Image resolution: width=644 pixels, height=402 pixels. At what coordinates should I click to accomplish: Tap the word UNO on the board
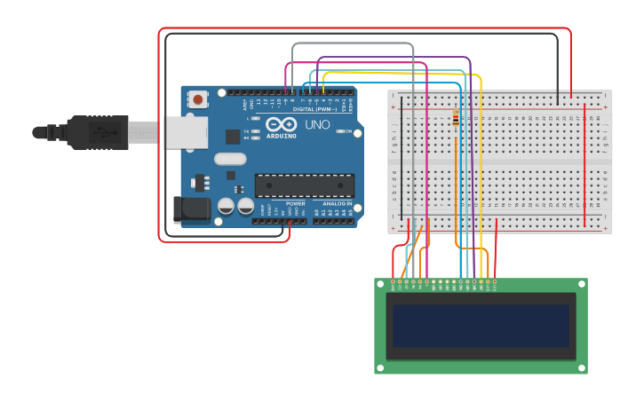coord(317,125)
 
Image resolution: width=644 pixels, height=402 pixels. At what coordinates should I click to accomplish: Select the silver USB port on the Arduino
coord(186,132)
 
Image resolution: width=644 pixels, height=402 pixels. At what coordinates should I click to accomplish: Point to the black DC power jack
coord(191,209)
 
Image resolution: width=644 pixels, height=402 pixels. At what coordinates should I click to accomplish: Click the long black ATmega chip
coord(304,185)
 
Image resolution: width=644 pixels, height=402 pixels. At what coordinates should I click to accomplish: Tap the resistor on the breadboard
coord(457,119)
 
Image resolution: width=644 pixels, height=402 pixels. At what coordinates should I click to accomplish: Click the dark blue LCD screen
coord(481,326)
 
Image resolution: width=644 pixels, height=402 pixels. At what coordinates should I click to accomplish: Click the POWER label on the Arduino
coord(296,203)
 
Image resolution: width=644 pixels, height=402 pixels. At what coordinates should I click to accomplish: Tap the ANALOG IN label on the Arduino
coord(337,203)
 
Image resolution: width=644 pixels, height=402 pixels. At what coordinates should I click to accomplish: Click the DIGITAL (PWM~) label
coord(315,109)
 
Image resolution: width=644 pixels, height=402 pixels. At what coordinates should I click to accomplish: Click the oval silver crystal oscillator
coord(229,160)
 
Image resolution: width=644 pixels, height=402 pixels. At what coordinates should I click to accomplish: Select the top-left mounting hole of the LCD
coord(381,284)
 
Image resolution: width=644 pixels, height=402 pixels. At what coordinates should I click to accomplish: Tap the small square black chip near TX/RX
coord(233,136)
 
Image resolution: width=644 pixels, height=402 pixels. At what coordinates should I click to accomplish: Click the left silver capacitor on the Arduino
coord(227,206)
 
